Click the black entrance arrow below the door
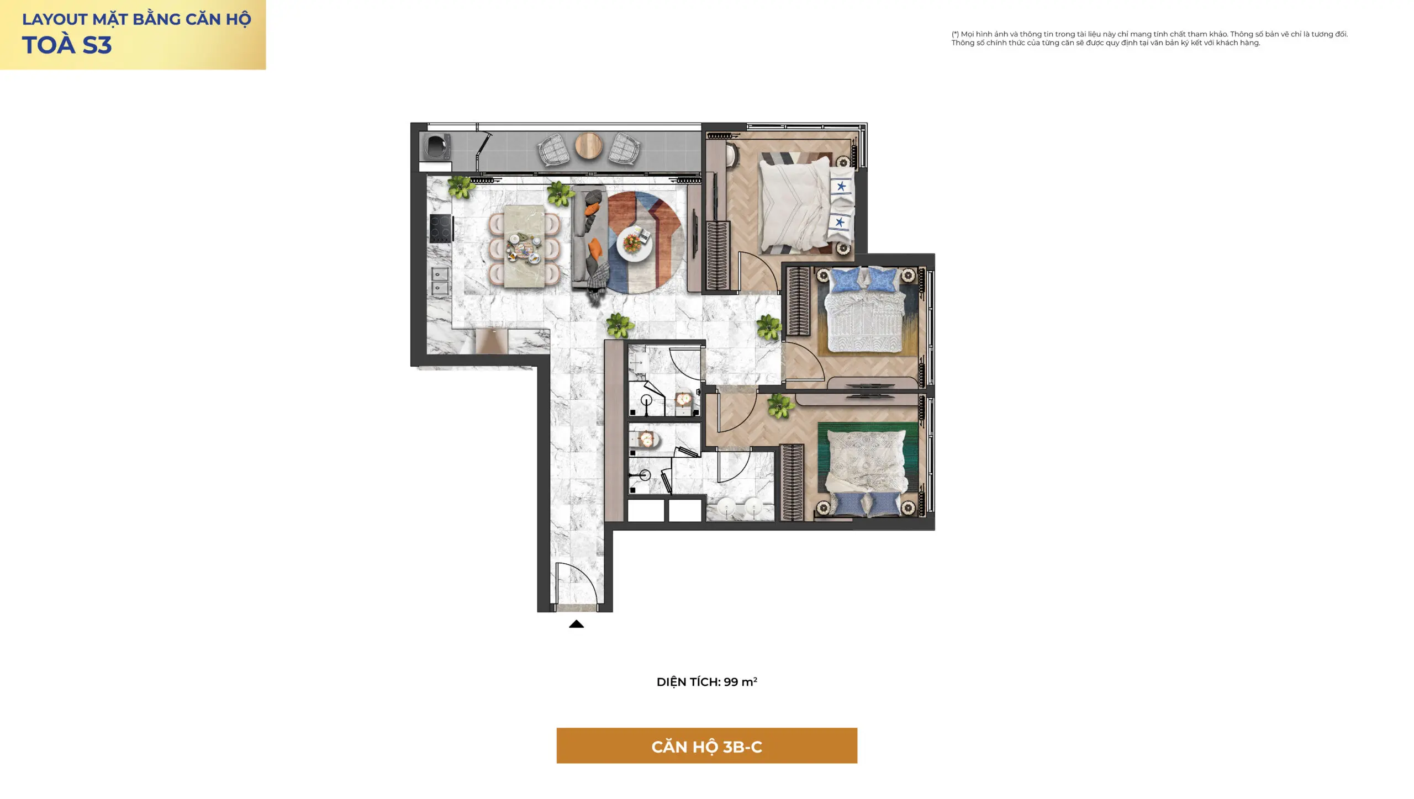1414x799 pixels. (576, 624)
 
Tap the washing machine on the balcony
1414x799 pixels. (437, 147)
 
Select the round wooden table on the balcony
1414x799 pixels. (589, 146)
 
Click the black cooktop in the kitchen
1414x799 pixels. (441, 228)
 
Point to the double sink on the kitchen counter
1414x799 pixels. (440, 281)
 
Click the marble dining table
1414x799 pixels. (524, 246)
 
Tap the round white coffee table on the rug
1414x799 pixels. (634, 244)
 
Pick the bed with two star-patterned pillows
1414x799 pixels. (806, 204)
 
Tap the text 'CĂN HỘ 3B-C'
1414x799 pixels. (706, 747)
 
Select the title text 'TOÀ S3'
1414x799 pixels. (67, 45)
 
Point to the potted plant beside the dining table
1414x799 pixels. (560, 194)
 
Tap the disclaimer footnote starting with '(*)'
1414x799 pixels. (1149, 38)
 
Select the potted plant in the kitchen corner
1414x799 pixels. (461, 187)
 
